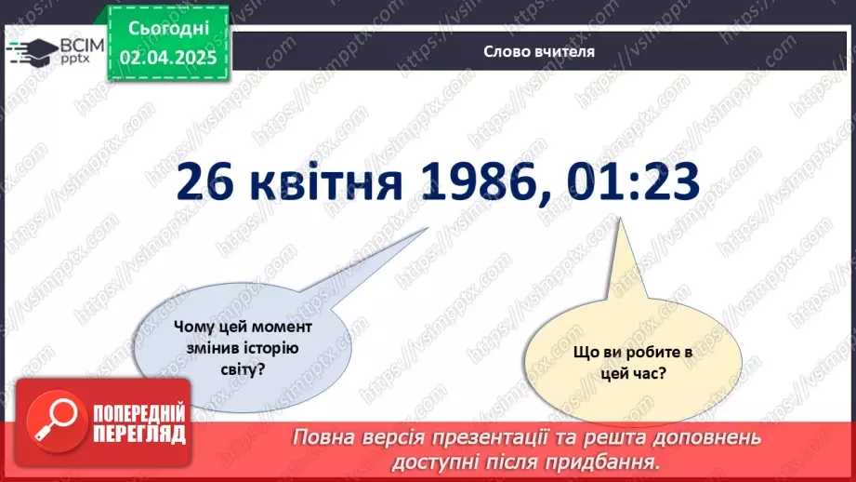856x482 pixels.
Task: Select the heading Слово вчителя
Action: [x=538, y=52]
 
